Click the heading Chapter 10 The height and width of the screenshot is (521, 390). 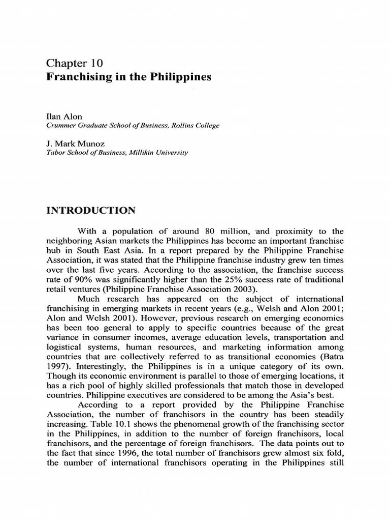coord(75,64)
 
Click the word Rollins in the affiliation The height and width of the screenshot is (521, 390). coord(177,126)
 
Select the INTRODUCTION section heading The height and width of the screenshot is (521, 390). coord(91,210)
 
